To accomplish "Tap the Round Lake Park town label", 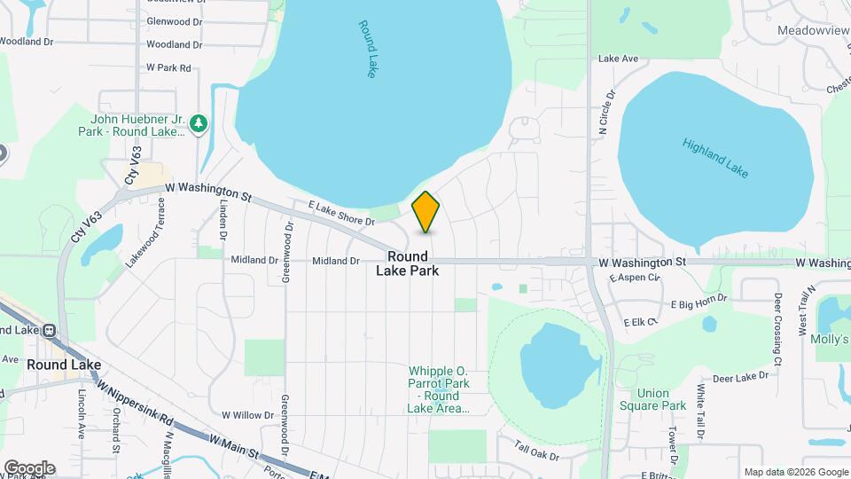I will pyautogui.click(x=408, y=263).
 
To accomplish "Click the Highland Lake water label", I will pyautogui.click(x=715, y=157).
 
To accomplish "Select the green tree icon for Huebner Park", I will pyautogui.click(x=200, y=122).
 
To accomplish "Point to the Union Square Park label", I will pyautogui.click(x=661, y=399).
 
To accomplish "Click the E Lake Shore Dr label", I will pyautogui.click(x=341, y=212).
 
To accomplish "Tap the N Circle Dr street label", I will pyautogui.click(x=606, y=112).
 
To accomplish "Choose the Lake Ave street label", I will pyautogui.click(x=618, y=59).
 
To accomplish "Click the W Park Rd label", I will pyautogui.click(x=168, y=67).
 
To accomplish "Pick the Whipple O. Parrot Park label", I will pyautogui.click(x=438, y=389).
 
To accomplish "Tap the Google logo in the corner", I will pyautogui.click(x=28, y=468).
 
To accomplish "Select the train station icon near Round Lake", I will pyautogui.click(x=49, y=329).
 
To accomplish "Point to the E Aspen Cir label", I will pyautogui.click(x=635, y=278).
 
